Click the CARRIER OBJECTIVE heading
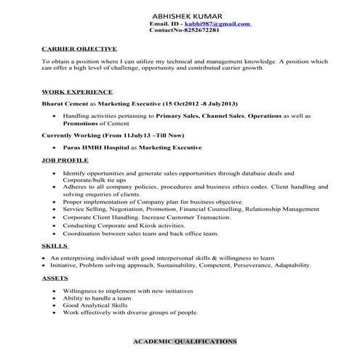tap(75, 49)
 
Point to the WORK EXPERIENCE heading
tap(77, 92)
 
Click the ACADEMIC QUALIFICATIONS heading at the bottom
tap(185, 341)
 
